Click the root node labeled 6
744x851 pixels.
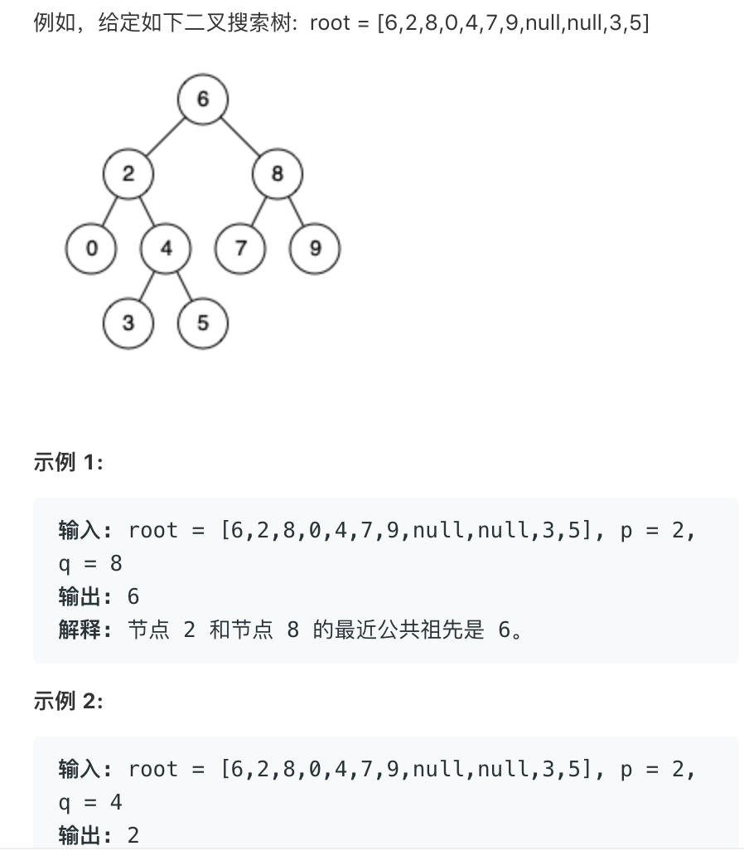[203, 100]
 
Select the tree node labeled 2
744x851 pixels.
[128, 174]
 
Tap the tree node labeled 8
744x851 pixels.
[278, 174]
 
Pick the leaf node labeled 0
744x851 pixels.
[90, 248]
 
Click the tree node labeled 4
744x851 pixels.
[166, 248]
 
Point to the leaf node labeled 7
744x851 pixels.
[240, 248]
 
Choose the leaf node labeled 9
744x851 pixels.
[315, 248]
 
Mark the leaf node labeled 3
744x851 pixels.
[128, 323]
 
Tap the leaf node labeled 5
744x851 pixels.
[203, 323]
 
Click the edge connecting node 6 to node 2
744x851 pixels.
[166, 137]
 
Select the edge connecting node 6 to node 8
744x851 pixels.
[240, 137]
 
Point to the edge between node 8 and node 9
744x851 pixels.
[297, 212]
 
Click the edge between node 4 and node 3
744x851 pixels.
[147, 285]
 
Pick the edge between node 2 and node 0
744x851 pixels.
[109, 212]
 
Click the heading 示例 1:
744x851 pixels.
[68, 462]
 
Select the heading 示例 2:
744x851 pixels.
[68, 702]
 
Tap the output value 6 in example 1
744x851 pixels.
[133, 597]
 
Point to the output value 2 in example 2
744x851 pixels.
[133, 835]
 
